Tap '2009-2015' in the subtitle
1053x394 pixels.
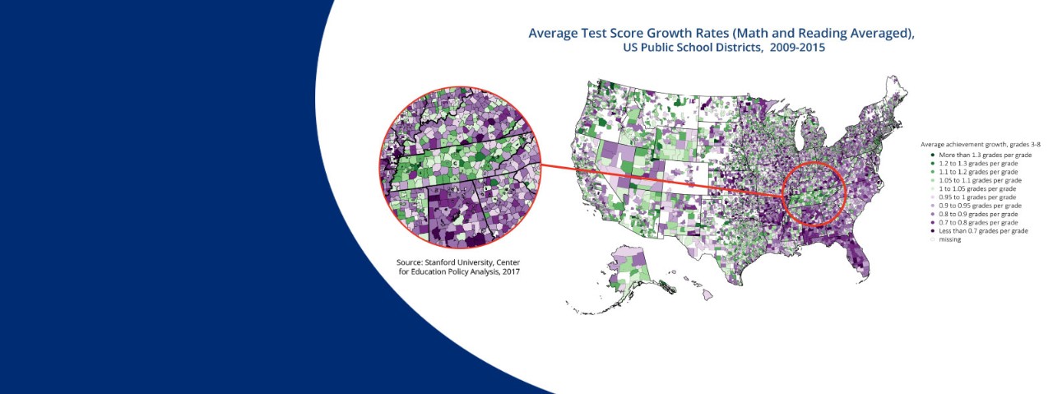pyautogui.click(x=797, y=48)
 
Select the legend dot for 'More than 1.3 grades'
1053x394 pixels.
pyautogui.click(x=932, y=155)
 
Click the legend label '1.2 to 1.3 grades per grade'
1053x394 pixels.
pyautogui.click(x=978, y=163)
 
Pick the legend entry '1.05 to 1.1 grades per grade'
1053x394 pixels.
pyautogui.click(x=980, y=180)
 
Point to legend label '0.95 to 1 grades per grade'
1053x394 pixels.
pyautogui.click(x=977, y=197)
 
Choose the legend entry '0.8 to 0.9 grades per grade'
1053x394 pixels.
pyautogui.click(x=978, y=214)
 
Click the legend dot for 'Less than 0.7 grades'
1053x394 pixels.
pyautogui.click(x=932, y=231)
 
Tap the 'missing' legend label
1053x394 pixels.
pyautogui.click(x=949, y=239)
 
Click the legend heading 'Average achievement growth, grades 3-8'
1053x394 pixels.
pyautogui.click(x=980, y=144)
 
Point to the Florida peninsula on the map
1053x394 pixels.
pyautogui.click(x=858, y=257)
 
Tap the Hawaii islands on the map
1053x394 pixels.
pyautogui.click(x=700, y=288)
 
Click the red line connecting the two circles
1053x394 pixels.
pyautogui.click(x=661, y=180)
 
